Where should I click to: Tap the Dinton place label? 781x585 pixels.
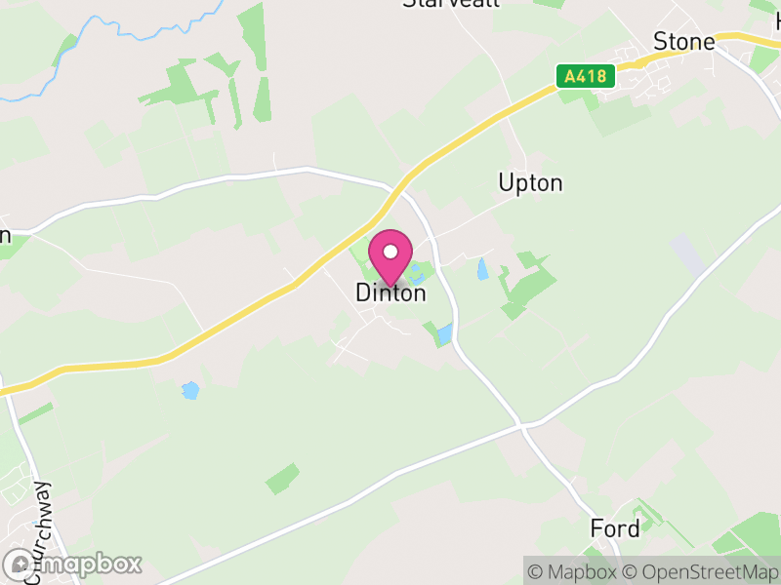(x=390, y=292)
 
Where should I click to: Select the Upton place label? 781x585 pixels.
(x=530, y=183)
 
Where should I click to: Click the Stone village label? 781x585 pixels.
(x=683, y=42)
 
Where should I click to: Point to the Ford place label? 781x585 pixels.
(x=615, y=529)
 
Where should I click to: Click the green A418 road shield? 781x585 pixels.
(x=586, y=76)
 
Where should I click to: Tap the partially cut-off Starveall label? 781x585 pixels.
(x=451, y=4)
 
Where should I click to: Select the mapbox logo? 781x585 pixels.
(x=73, y=564)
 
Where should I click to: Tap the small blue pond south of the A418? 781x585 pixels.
(x=189, y=390)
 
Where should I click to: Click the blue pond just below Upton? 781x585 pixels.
(x=481, y=268)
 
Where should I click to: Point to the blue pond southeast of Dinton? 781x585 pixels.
(x=444, y=334)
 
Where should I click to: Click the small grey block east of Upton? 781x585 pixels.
(x=688, y=253)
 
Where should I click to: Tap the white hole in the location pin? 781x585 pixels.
(x=390, y=252)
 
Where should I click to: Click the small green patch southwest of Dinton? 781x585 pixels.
(x=282, y=479)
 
